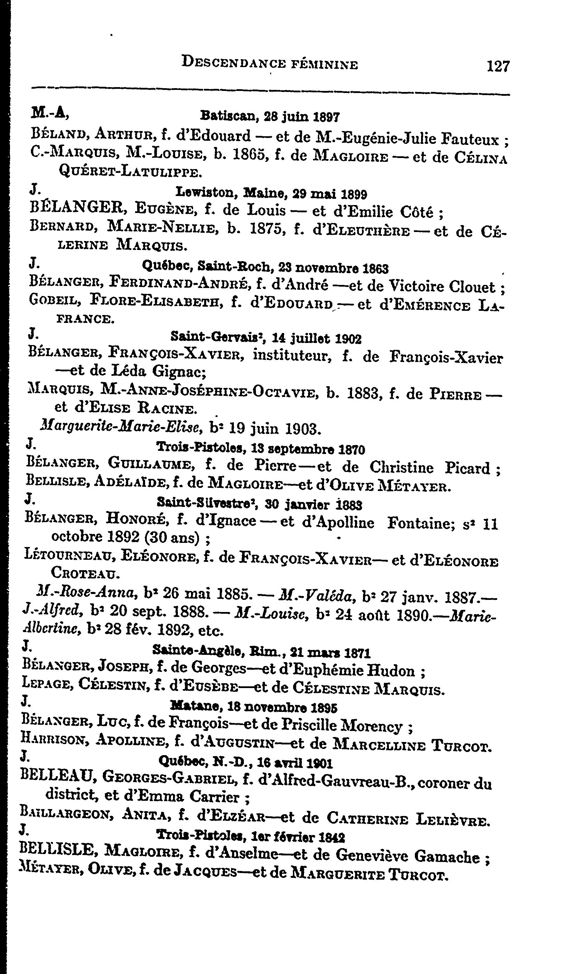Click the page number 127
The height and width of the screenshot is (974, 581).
pyautogui.click(x=498, y=65)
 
